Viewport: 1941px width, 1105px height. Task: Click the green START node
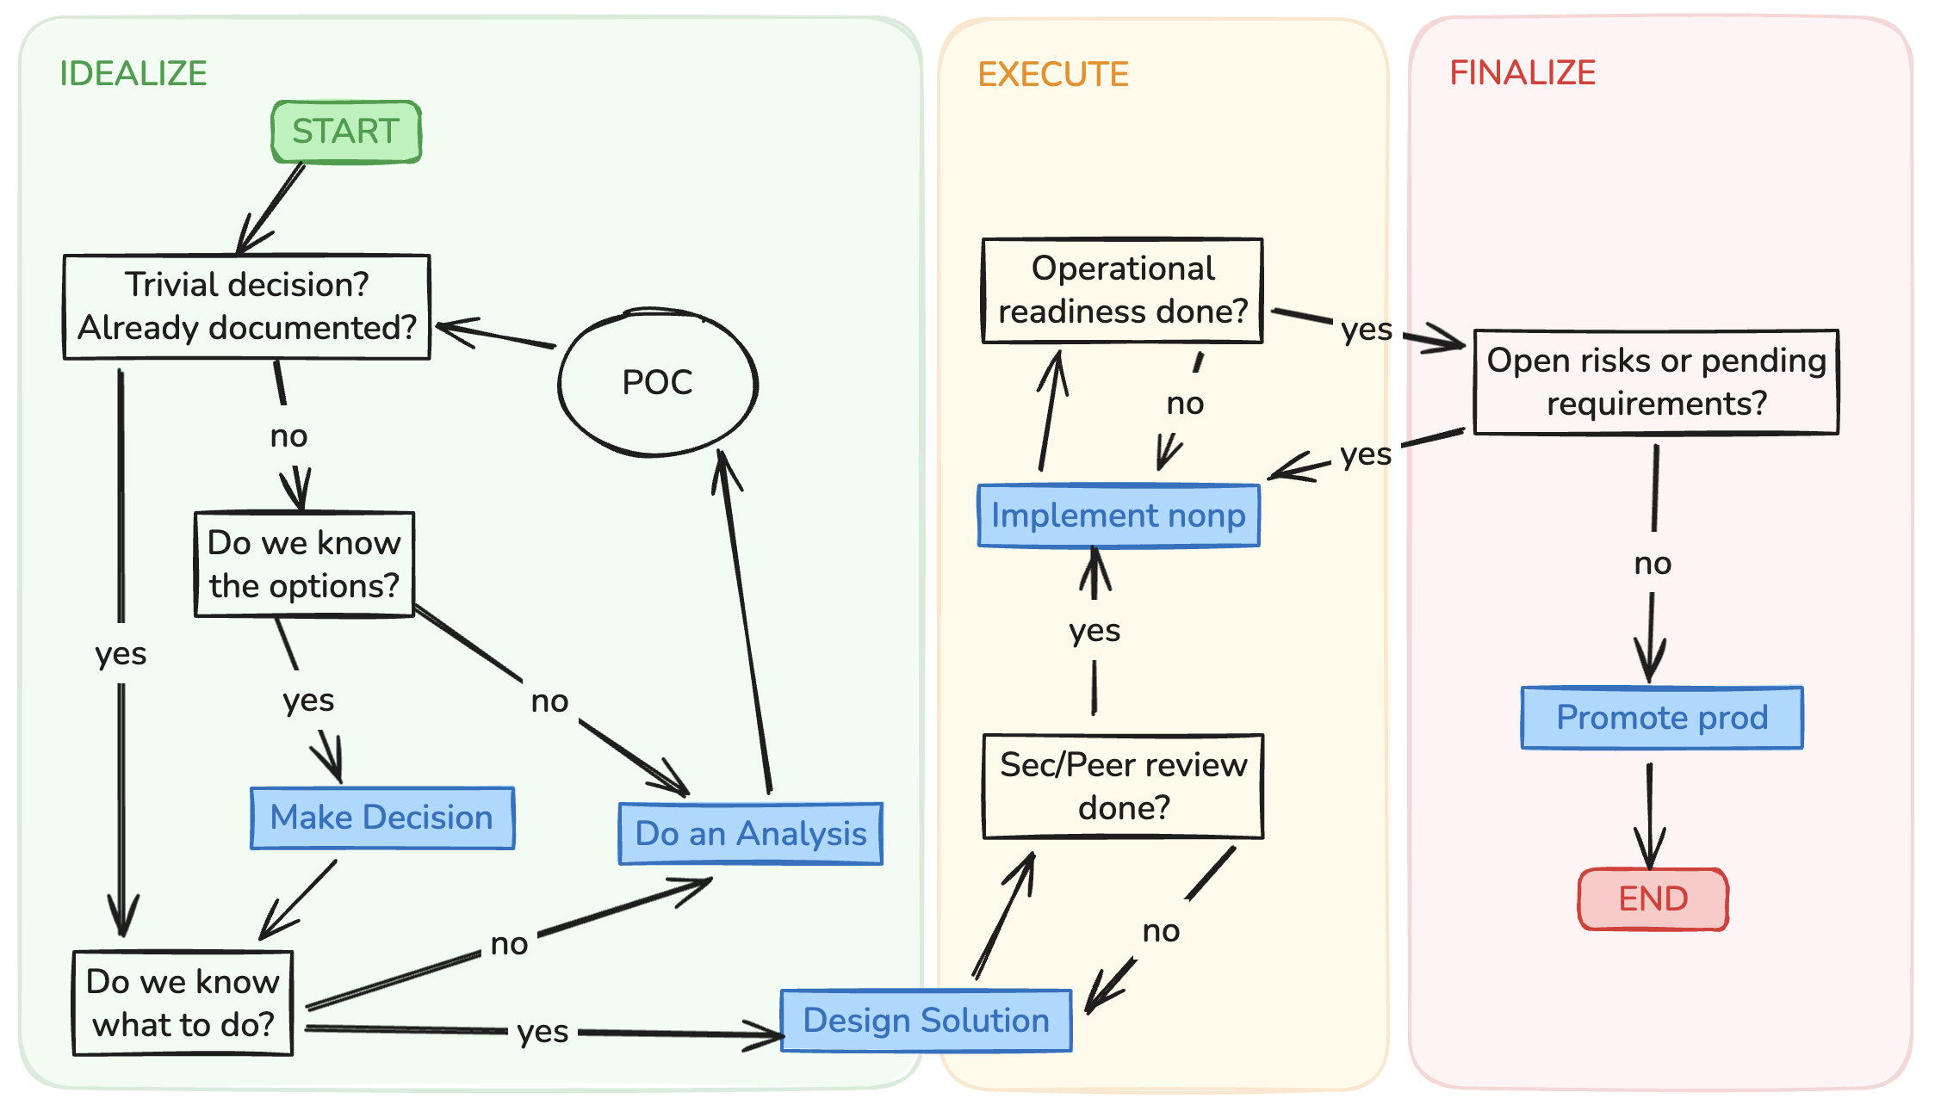tap(346, 132)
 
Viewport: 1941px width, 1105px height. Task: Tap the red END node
tap(1653, 899)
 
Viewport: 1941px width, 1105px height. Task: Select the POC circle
tap(658, 382)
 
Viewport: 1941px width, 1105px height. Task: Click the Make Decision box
tap(382, 818)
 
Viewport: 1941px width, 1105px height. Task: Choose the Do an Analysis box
tap(750, 833)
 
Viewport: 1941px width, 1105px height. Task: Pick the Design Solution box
tap(926, 1021)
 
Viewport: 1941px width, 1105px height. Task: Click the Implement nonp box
tap(1118, 515)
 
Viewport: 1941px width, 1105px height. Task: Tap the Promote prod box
tap(1661, 718)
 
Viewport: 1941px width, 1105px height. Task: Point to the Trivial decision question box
tap(247, 306)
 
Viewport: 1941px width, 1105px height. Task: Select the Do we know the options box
tap(304, 565)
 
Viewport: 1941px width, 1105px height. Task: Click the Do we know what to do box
tap(183, 1003)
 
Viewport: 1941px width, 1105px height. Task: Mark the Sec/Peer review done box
tap(1123, 786)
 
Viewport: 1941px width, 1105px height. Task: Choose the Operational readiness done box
tap(1122, 290)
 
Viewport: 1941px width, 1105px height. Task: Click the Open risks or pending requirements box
tap(1656, 382)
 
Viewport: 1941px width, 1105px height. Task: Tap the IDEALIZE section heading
tap(133, 73)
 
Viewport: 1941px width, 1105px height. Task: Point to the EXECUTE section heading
tap(1052, 75)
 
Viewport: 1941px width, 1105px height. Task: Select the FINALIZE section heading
tap(1522, 73)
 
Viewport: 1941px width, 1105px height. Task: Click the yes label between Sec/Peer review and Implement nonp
tap(1095, 631)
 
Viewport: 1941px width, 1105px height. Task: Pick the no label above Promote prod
tap(1653, 564)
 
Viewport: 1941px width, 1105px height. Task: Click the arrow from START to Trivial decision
tap(270, 208)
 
